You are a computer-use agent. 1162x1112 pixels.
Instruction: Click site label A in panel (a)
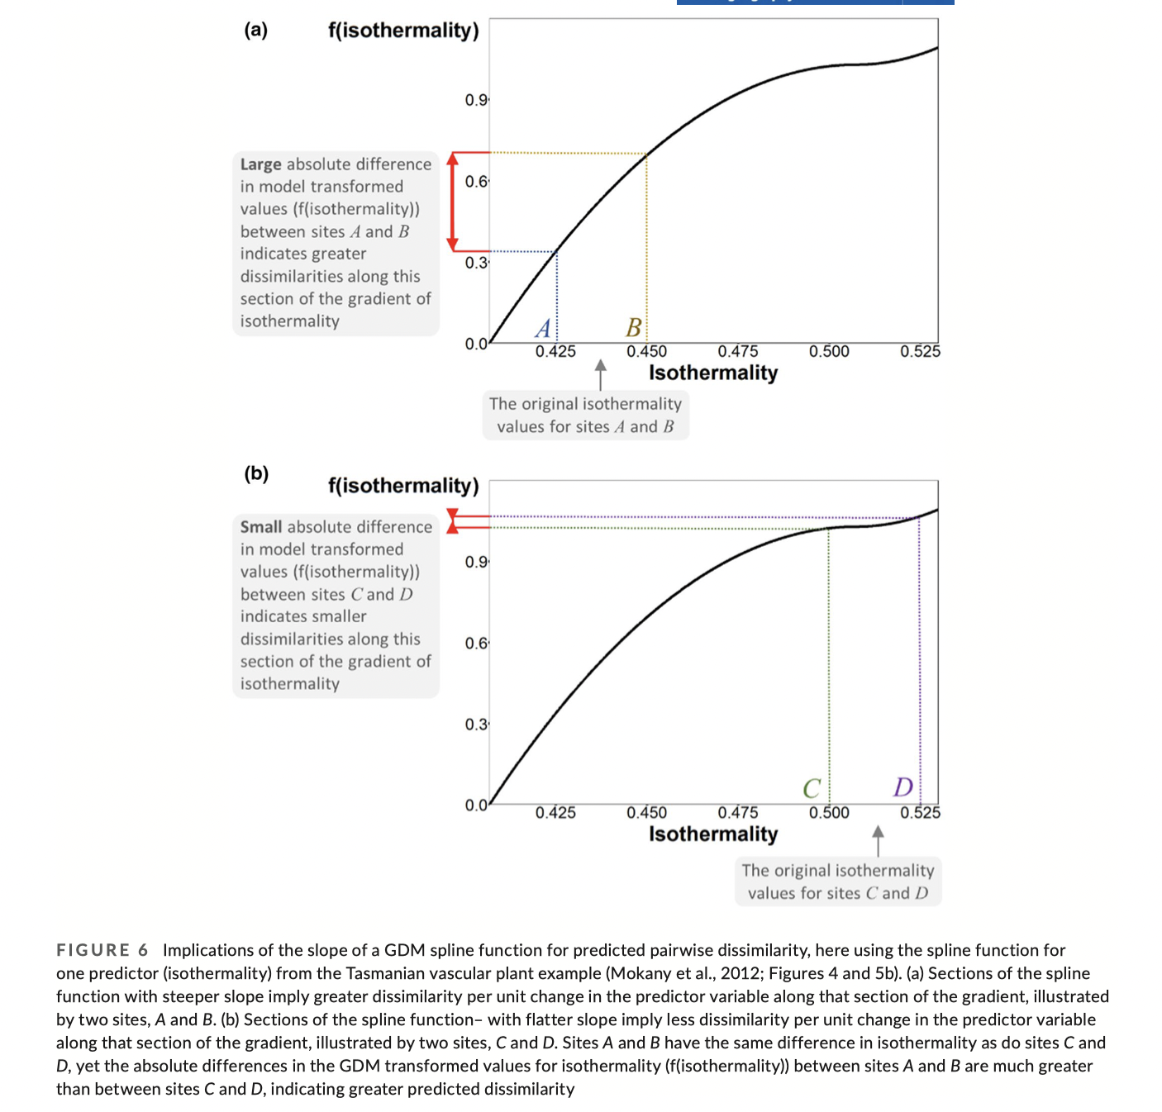(x=543, y=329)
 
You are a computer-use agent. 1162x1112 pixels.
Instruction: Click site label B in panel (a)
(x=633, y=328)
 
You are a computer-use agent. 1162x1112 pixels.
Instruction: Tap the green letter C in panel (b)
(x=812, y=788)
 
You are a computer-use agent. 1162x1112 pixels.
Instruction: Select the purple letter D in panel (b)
(x=903, y=786)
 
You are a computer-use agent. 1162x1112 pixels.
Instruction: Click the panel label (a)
(x=255, y=31)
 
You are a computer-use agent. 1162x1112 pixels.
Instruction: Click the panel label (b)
(x=256, y=473)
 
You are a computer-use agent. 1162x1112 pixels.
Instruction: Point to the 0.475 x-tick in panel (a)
(x=737, y=351)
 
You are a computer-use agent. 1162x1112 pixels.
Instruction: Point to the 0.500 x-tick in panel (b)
(x=829, y=812)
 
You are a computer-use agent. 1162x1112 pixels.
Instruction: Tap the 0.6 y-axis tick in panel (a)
(x=476, y=182)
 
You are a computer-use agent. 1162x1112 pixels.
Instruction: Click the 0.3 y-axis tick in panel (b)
(x=476, y=725)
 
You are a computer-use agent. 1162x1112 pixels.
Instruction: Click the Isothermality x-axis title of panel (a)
(x=712, y=373)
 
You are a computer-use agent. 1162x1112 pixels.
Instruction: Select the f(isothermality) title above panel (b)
(x=403, y=485)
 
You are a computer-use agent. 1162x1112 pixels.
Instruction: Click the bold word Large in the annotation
(x=260, y=164)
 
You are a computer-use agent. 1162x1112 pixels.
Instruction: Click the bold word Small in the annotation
(x=261, y=527)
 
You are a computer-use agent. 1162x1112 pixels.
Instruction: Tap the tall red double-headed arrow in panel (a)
(x=452, y=202)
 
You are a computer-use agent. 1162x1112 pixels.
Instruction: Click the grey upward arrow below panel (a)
(x=601, y=373)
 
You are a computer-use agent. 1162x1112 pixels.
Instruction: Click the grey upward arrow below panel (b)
(x=878, y=840)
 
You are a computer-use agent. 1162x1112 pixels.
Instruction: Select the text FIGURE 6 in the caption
(x=102, y=950)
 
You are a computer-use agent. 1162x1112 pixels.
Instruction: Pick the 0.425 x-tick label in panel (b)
(x=555, y=812)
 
